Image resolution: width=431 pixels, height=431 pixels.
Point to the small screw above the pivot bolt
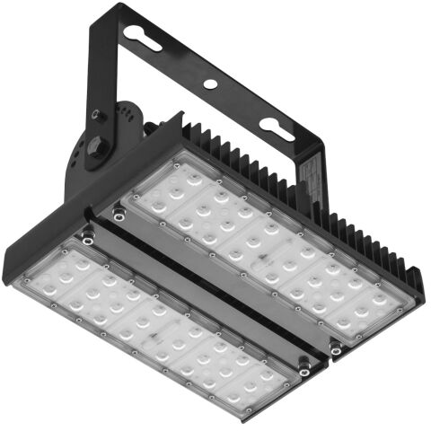pyautogui.click(x=94, y=114)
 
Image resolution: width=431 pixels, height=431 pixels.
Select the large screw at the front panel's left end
pyautogui.click(x=87, y=236)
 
